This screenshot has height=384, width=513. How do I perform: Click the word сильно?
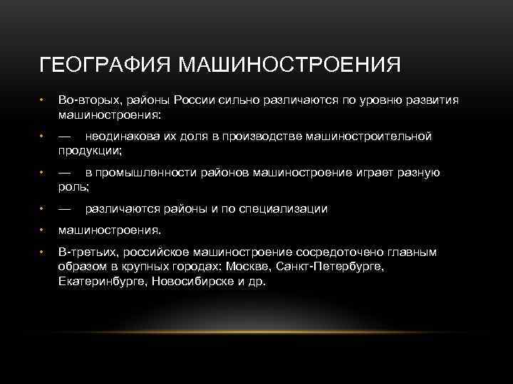[235, 100]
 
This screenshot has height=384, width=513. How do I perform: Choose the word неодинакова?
[123, 137]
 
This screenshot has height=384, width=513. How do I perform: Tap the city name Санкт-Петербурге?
[335, 266]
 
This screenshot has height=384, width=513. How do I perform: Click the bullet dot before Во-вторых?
[43, 100]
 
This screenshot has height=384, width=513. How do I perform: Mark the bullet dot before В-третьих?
[43, 252]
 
